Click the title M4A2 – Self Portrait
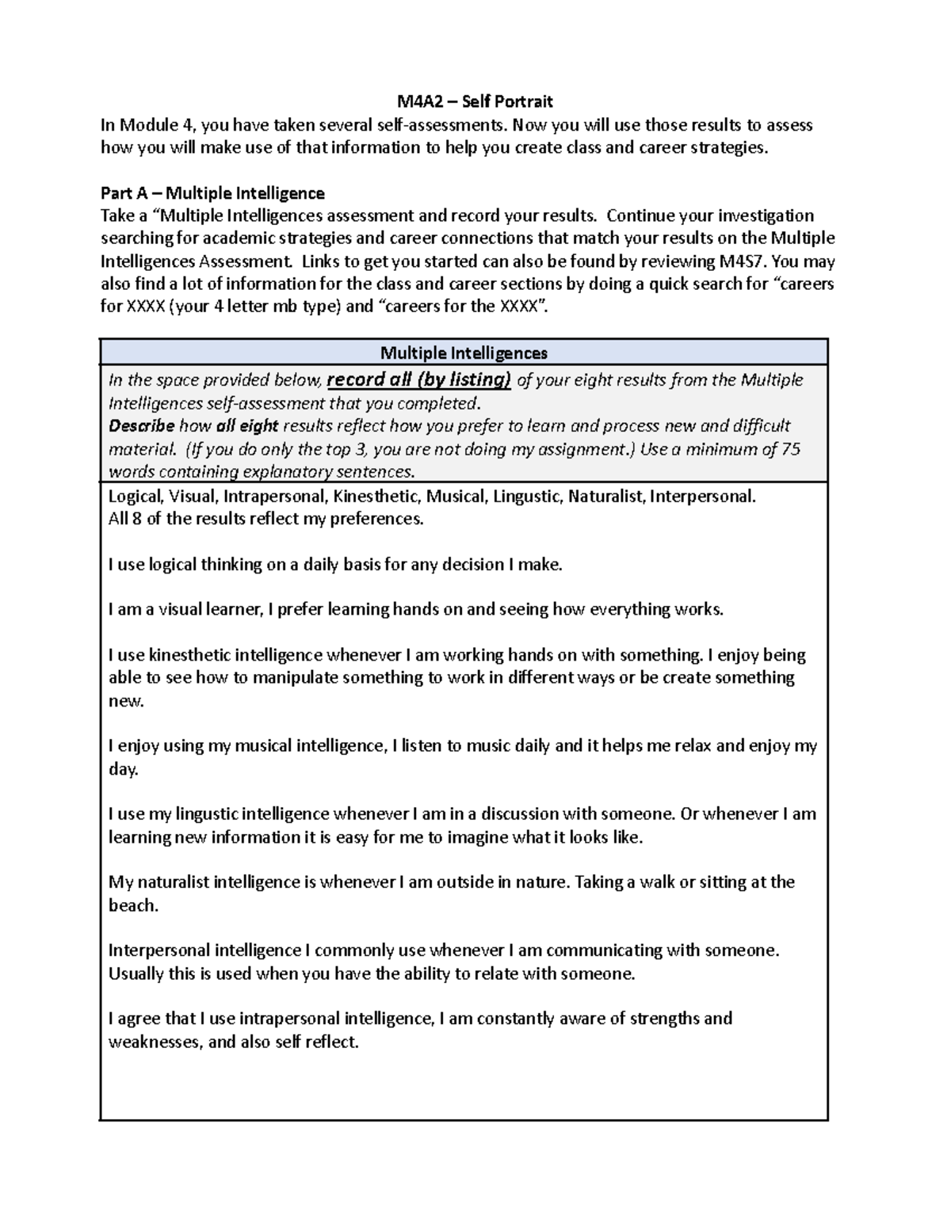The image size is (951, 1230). (475, 101)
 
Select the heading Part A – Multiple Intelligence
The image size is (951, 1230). (212, 193)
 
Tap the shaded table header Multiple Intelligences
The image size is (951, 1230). (464, 352)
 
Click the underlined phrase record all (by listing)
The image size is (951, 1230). (419, 380)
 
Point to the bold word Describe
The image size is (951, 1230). (141, 426)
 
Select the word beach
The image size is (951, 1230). (132, 906)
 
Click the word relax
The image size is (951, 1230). (693, 746)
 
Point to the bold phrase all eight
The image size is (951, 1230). (247, 426)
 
